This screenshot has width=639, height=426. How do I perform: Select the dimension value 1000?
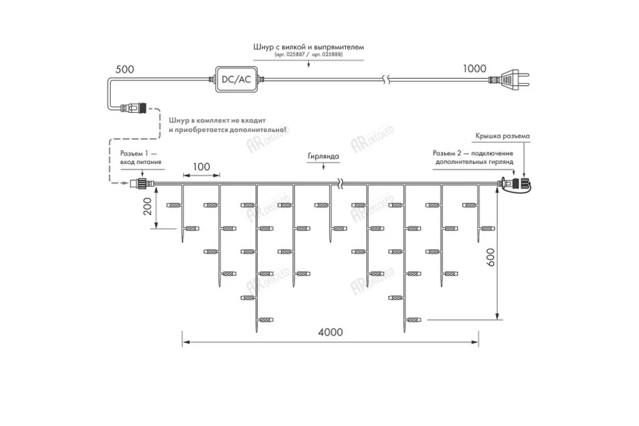(x=474, y=68)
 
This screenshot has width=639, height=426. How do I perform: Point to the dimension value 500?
(x=125, y=69)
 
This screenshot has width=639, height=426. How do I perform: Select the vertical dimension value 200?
(x=148, y=206)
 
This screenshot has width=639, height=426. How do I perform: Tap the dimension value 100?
(x=201, y=167)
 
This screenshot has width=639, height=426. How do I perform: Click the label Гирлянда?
(x=323, y=157)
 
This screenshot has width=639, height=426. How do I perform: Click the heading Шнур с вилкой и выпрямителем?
(x=308, y=47)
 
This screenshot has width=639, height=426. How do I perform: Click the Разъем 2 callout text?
(x=473, y=157)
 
